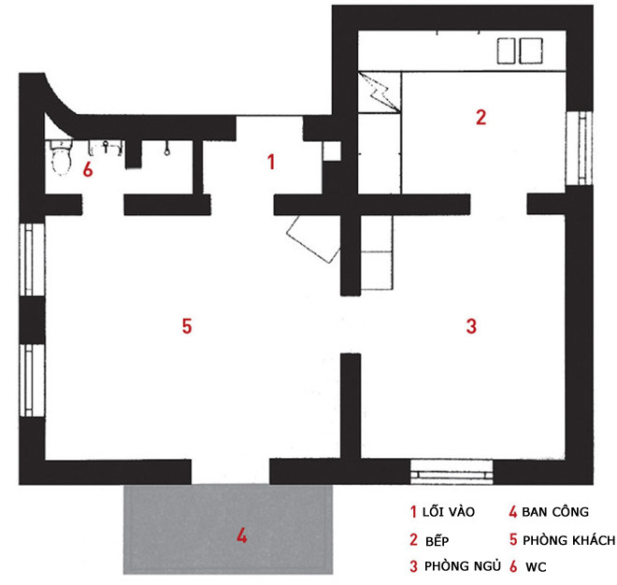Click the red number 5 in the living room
coord(187,326)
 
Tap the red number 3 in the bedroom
coord(471,326)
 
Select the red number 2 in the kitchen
coord(481,117)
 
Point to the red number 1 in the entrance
coord(271,162)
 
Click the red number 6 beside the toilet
coord(88,169)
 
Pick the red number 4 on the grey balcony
coord(241,535)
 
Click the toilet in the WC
coord(61,157)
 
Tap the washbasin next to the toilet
coord(107,148)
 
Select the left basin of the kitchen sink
coord(506,50)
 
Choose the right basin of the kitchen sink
coord(531,50)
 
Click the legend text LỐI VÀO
coord(449,512)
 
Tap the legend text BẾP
coord(438,541)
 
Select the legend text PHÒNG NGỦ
coord(463,566)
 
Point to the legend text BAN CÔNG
coord(555,512)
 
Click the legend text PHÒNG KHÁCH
coord(568,540)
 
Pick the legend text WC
coord(536,567)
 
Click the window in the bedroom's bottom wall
coord(452,472)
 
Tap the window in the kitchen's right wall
coord(579,148)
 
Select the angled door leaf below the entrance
coord(313,238)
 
